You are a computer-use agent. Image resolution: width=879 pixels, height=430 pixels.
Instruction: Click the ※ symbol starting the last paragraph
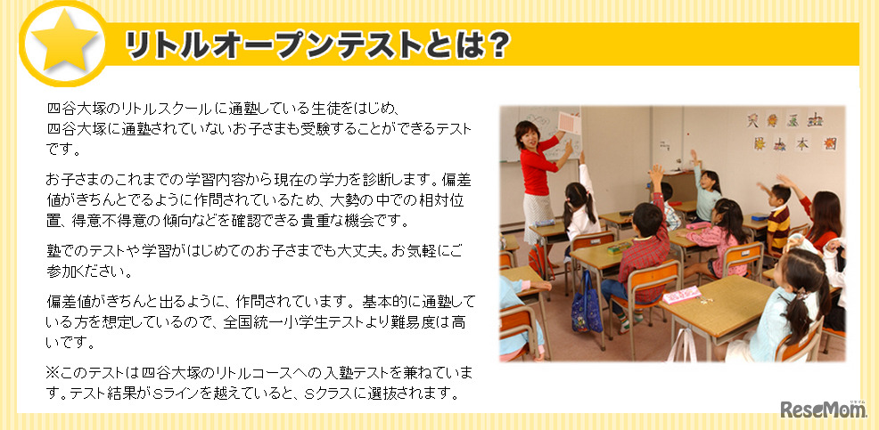coord(53,370)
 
